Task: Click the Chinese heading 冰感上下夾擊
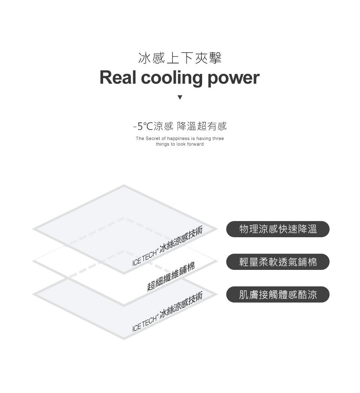coord(180,58)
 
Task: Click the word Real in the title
coord(118,77)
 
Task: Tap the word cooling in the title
coord(172,78)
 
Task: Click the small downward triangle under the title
coord(180,97)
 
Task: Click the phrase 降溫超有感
coord(201,126)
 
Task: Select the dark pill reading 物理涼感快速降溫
coord(278,229)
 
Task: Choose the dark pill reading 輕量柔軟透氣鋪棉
coord(278,262)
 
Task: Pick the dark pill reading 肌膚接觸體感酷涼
coord(278,294)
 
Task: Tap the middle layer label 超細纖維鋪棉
coord(171,277)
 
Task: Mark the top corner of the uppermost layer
coord(124,186)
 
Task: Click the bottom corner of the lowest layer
coord(124,338)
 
